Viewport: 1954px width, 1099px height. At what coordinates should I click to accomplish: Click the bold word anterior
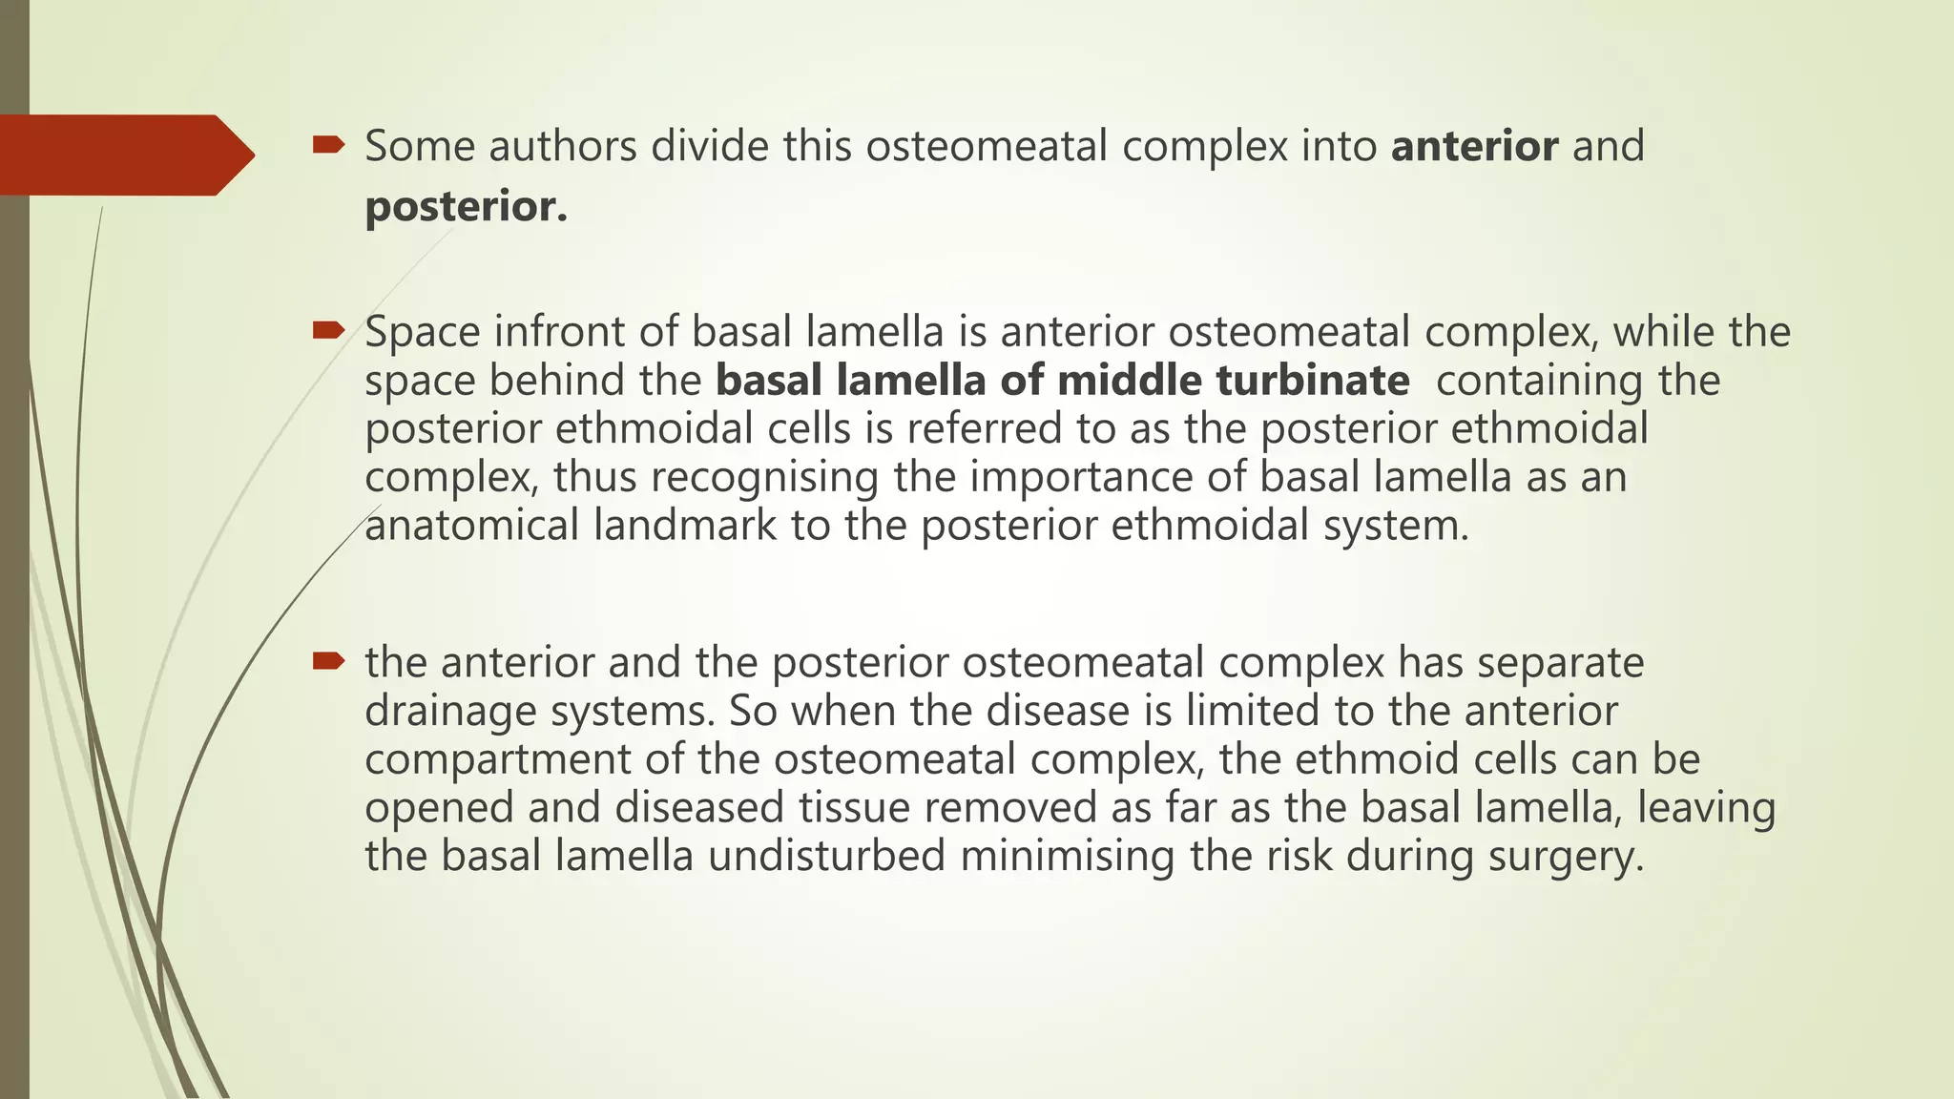click(1474, 147)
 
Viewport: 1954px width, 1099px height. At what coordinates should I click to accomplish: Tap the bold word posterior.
click(466, 207)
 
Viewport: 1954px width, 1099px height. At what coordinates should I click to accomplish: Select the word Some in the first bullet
click(420, 147)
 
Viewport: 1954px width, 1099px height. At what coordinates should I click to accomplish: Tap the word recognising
click(764, 478)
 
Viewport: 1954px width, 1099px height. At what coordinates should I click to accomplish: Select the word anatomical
click(471, 526)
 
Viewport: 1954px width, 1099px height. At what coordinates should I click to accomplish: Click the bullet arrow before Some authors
click(328, 145)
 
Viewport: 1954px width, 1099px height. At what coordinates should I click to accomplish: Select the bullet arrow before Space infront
click(328, 331)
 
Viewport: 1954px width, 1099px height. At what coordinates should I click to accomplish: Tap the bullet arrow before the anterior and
click(328, 660)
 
